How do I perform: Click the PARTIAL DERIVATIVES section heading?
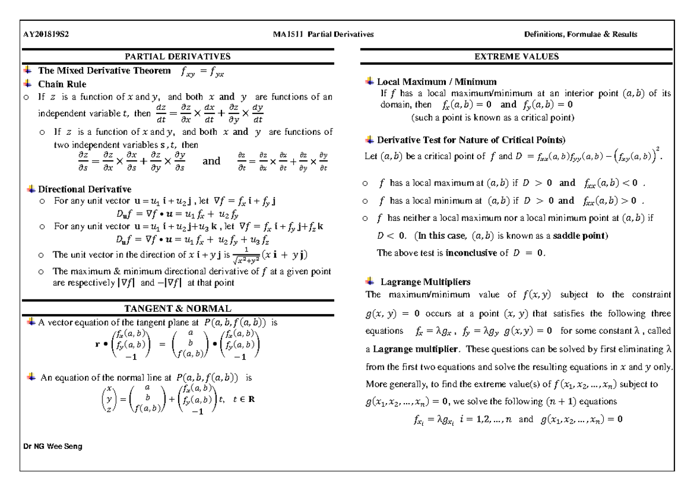click(x=178, y=57)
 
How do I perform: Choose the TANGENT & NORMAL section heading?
click(x=178, y=309)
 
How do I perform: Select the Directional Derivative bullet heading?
click(x=84, y=189)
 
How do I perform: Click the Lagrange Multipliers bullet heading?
click(x=425, y=282)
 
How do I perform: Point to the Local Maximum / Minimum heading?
click(x=437, y=82)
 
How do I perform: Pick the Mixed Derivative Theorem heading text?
click(x=105, y=72)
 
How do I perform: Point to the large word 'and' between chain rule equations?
click(x=212, y=161)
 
